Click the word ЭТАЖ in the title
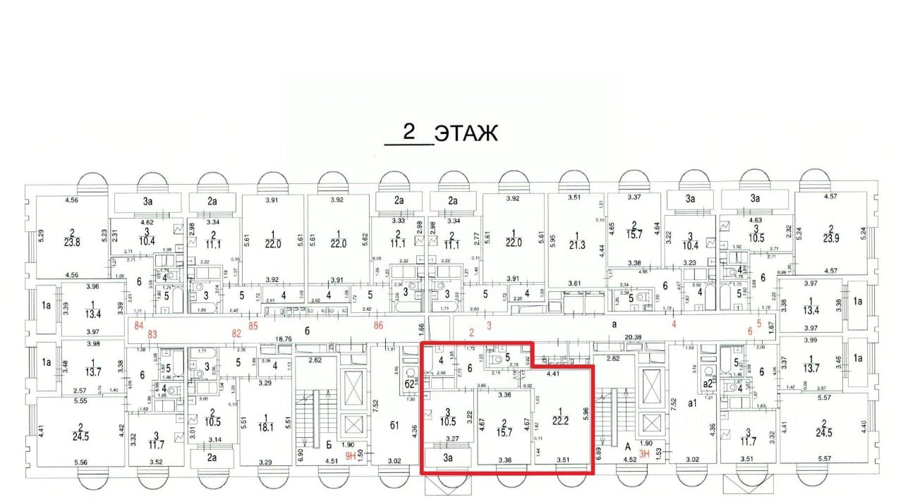pos(466,133)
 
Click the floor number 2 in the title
pos(408,131)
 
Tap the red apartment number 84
pos(139,325)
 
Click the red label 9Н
pos(351,454)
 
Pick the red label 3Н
pos(643,454)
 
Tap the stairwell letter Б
pos(329,445)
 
